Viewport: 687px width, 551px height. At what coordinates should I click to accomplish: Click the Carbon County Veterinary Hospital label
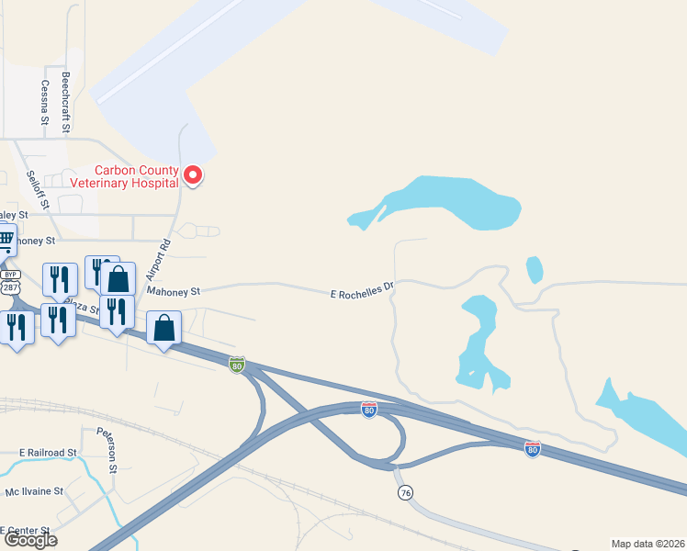click(137, 176)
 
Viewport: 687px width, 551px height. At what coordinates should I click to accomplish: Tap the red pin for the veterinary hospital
click(193, 174)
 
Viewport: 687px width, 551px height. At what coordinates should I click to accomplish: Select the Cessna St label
click(44, 102)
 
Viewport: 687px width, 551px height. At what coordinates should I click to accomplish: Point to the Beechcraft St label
click(66, 102)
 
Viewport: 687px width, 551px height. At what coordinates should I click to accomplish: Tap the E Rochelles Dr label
click(362, 291)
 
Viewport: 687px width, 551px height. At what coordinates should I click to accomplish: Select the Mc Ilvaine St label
click(34, 491)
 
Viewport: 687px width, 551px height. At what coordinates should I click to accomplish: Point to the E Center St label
click(25, 530)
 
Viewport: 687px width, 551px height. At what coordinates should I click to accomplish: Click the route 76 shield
click(405, 493)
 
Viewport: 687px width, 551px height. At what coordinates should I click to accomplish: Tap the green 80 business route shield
click(237, 365)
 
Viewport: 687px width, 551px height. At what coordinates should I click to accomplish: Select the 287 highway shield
click(10, 287)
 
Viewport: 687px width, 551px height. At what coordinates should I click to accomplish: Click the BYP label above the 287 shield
click(10, 275)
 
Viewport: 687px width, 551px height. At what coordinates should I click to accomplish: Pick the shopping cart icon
click(6, 242)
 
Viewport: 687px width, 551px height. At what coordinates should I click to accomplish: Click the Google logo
click(30, 540)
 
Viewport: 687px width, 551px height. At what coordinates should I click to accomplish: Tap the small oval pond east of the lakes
click(534, 270)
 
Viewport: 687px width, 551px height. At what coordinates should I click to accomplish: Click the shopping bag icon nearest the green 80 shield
click(163, 328)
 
